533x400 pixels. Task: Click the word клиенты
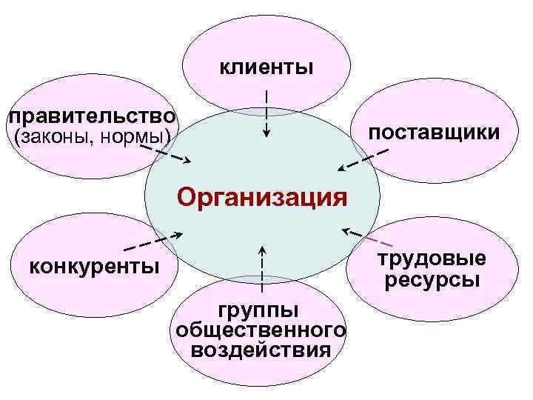pos(266,67)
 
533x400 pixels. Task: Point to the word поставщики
pos(434,133)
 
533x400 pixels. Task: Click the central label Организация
pos(262,198)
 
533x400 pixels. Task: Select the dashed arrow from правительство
pos(165,153)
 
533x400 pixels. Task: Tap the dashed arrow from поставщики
pos(362,159)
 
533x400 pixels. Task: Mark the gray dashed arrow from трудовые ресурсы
pos(369,238)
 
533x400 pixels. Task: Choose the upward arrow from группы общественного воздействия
pos(261,264)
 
